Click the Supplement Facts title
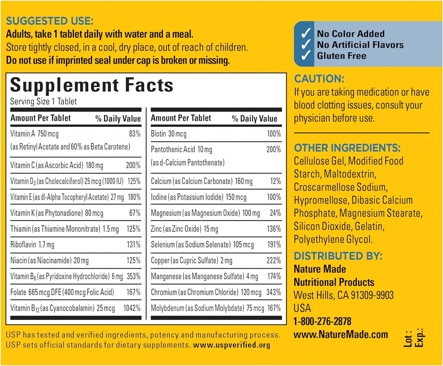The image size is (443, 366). pyautogui.click(x=92, y=85)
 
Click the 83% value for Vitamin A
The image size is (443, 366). pyautogui.click(x=135, y=134)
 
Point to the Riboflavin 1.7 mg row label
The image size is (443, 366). pyautogui.click(x=32, y=245)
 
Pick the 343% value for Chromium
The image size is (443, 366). pyautogui.click(x=274, y=292)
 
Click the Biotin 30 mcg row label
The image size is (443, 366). pyautogui.click(x=169, y=134)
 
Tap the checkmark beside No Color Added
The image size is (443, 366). pyautogui.click(x=305, y=34)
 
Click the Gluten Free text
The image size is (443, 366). pyautogui.click(x=342, y=56)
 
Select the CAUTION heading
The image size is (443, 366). pyautogui.click(x=319, y=78)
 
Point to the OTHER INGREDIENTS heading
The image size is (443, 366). pyautogui.click(x=347, y=148)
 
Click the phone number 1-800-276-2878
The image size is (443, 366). pyautogui.click(x=323, y=321)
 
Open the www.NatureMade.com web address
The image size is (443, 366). pyautogui.click(x=341, y=334)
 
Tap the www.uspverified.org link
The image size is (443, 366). pyautogui.click(x=232, y=345)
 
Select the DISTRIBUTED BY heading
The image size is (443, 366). pyautogui.click(x=338, y=256)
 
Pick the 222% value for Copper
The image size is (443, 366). pyautogui.click(x=274, y=261)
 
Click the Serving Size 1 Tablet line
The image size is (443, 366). pyautogui.click(x=43, y=101)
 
